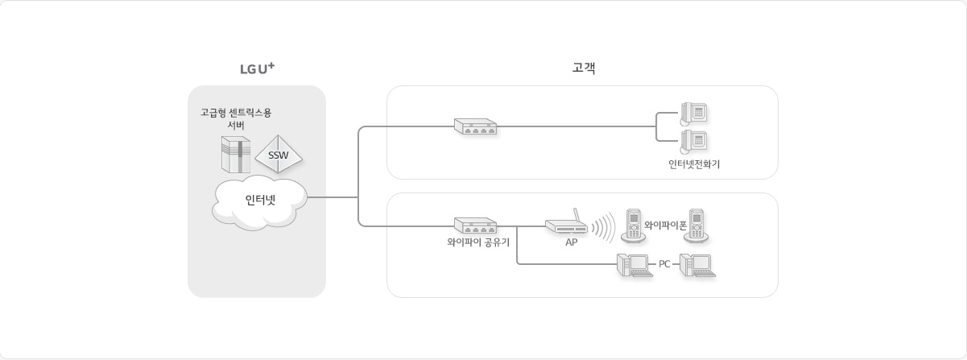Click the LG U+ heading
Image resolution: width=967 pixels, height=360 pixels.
click(257, 69)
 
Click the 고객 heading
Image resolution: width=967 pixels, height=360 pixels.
click(582, 68)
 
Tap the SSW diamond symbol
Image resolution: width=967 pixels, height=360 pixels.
click(279, 153)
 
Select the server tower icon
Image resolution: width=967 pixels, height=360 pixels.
click(236, 154)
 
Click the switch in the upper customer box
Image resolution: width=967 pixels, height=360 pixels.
click(475, 126)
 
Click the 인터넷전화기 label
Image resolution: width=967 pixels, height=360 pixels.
click(694, 164)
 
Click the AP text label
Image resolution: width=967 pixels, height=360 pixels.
click(571, 242)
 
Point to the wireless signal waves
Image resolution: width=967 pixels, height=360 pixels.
click(603, 226)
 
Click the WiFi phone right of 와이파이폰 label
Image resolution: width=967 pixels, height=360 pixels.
click(697, 226)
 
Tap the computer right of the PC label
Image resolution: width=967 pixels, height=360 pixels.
click(696, 265)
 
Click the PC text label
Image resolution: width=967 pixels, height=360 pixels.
click(664, 264)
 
